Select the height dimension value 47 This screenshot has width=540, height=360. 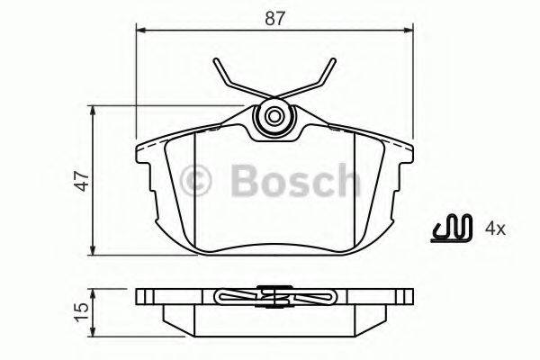point(80,180)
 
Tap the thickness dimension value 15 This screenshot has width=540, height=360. point(80,310)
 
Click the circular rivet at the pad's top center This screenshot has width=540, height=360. point(274,117)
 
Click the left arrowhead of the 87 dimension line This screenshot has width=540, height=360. point(139,28)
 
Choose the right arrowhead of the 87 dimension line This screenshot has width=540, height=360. point(409,28)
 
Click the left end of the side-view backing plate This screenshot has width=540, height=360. point(139,296)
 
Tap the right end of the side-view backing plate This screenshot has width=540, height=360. point(410,296)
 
